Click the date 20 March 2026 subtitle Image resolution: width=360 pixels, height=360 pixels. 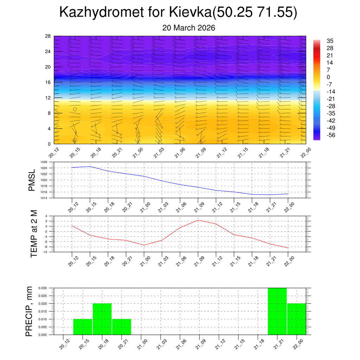tap(188, 28)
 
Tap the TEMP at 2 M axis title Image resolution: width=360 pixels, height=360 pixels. tap(34, 234)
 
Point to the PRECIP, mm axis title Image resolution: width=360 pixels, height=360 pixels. tap(30, 311)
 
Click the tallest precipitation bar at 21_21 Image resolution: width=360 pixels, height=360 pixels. tap(277, 311)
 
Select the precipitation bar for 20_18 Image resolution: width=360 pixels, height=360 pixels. tap(102, 319)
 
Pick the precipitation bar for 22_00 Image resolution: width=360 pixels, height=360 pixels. tap(296, 319)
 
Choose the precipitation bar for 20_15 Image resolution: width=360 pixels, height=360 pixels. tap(83, 327)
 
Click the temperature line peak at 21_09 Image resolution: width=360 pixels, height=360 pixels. tap(198, 220)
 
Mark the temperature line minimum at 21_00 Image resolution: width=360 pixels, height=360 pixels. tap(144, 245)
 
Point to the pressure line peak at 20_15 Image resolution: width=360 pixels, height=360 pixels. tap(90, 166)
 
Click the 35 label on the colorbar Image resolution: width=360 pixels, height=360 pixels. tap(330, 41)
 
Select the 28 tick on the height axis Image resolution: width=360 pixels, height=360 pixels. tap(48, 36)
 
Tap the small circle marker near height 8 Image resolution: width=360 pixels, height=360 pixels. tap(75, 109)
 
